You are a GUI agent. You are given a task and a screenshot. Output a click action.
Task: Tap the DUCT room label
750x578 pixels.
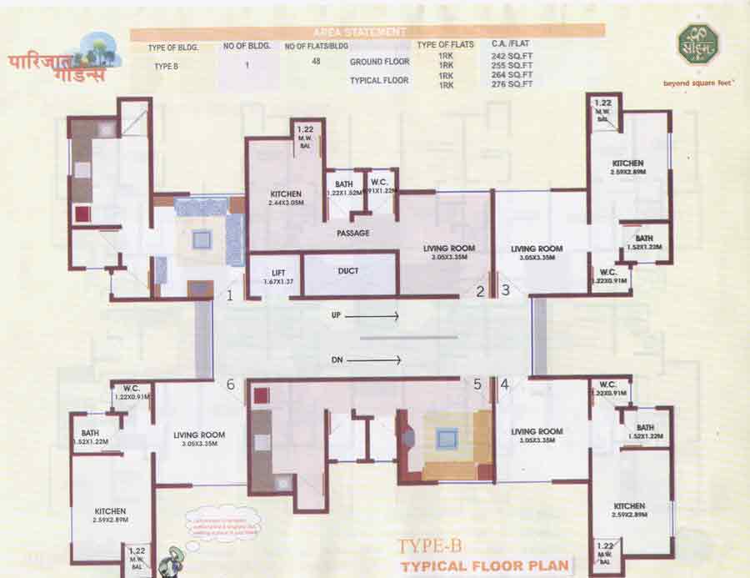348,271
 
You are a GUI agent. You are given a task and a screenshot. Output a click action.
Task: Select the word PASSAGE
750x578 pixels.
353,233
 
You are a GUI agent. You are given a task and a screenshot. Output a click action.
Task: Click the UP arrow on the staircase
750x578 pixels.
372,317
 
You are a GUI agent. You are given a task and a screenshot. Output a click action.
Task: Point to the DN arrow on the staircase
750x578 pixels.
372,360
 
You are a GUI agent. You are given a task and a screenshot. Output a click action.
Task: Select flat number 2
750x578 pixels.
480,291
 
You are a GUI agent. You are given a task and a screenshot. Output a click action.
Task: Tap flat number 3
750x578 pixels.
506,291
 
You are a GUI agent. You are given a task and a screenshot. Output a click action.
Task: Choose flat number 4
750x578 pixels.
505,384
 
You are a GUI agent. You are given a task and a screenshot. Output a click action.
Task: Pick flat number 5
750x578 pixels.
477,384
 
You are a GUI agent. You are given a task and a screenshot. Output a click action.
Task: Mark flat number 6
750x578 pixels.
231,384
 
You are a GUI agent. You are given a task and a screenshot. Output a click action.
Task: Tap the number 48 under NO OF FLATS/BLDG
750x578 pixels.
316,61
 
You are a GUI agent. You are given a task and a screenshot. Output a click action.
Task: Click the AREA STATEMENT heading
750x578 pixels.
367,31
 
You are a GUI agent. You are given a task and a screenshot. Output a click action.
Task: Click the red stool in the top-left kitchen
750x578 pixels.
82,214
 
